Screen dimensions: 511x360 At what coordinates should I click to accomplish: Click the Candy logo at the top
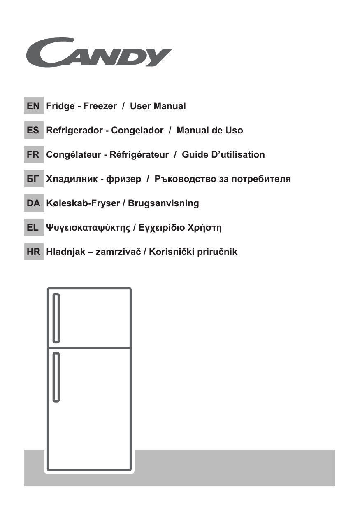[x=99, y=52]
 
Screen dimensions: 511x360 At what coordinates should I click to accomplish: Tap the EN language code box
[x=33, y=106]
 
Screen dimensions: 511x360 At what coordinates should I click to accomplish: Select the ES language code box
[x=33, y=131]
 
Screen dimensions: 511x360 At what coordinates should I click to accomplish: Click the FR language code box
[x=33, y=155]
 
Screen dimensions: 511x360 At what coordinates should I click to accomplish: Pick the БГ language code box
[x=33, y=179]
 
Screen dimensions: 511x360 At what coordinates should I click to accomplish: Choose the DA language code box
[x=33, y=203]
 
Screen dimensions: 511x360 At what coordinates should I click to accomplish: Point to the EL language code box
[x=33, y=227]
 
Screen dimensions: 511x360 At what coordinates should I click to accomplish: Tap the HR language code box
[x=33, y=252]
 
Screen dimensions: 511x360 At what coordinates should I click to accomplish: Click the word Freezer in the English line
[x=100, y=106]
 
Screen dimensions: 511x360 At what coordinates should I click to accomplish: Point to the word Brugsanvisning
[x=163, y=203]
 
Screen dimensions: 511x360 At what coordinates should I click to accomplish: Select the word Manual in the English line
[x=170, y=106]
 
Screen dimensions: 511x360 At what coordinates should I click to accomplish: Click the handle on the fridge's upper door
[x=56, y=317]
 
